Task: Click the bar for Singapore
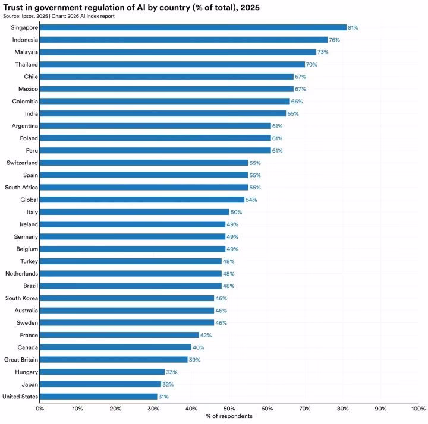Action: [193, 27]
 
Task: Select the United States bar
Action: [99, 396]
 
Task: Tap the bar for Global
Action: [142, 200]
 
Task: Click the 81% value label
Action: [353, 28]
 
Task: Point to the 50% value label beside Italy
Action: [236, 212]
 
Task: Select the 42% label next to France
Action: [206, 335]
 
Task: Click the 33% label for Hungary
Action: [171, 372]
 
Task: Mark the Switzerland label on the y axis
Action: [23, 163]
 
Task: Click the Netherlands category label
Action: [22, 273]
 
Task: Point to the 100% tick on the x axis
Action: [418, 409]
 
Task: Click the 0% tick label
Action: [40, 409]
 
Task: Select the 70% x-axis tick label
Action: [305, 409]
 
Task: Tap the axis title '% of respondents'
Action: [229, 416]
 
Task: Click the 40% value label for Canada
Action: [198, 347]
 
